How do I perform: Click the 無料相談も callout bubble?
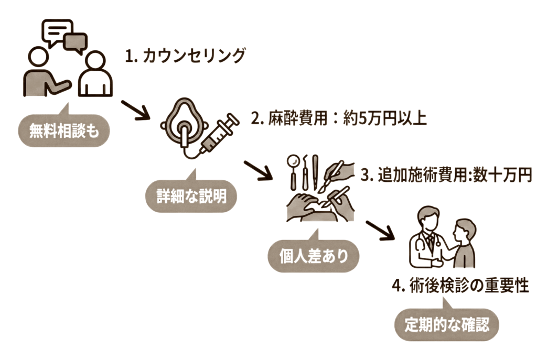click(63, 131)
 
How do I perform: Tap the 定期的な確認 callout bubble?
click(446, 325)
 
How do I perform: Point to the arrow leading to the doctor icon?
click(380, 229)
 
